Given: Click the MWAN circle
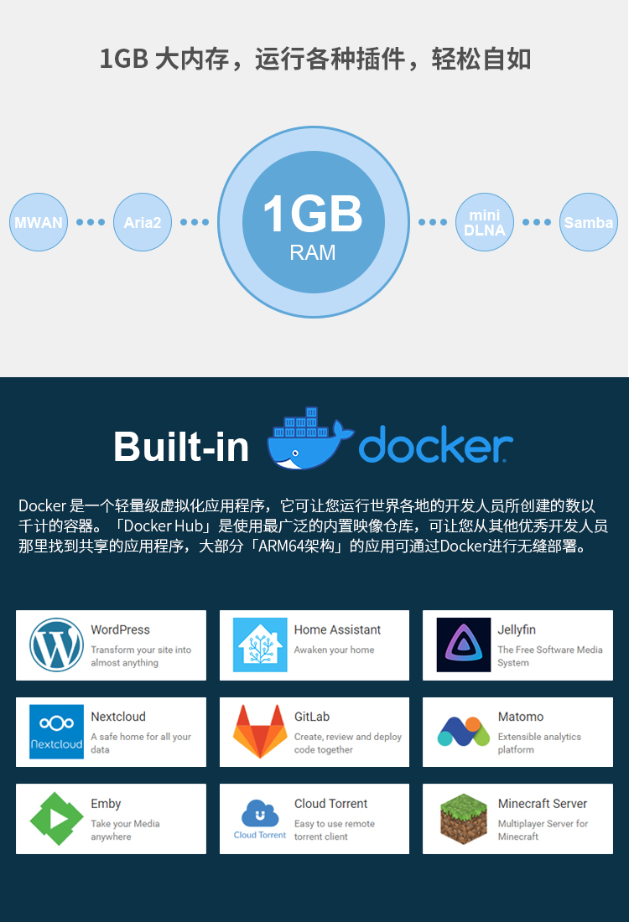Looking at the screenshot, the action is (x=39, y=222).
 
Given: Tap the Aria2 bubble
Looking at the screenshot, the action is (x=143, y=222).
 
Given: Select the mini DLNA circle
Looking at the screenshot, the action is (x=484, y=222).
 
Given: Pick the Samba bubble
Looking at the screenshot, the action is (x=589, y=222).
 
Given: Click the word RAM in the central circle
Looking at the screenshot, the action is (x=313, y=252).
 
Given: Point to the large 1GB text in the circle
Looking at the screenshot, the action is (x=313, y=214).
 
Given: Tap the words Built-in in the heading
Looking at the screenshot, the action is (x=181, y=446).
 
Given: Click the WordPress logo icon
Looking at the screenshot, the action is (x=56, y=645).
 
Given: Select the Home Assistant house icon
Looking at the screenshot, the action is (x=260, y=645).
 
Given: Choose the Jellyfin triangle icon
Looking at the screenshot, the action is (x=464, y=645).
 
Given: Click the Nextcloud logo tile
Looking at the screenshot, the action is (x=56, y=732).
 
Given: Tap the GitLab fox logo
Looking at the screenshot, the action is (x=260, y=732).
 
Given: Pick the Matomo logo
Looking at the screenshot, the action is (x=464, y=732).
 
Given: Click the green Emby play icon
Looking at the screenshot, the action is (x=56, y=819).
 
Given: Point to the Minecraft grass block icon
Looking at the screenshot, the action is (x=464, y=819).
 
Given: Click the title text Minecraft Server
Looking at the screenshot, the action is (x=542, y=804).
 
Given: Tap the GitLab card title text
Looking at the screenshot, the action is (x=312, y=717).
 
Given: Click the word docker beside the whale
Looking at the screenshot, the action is (x=435, y=444).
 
